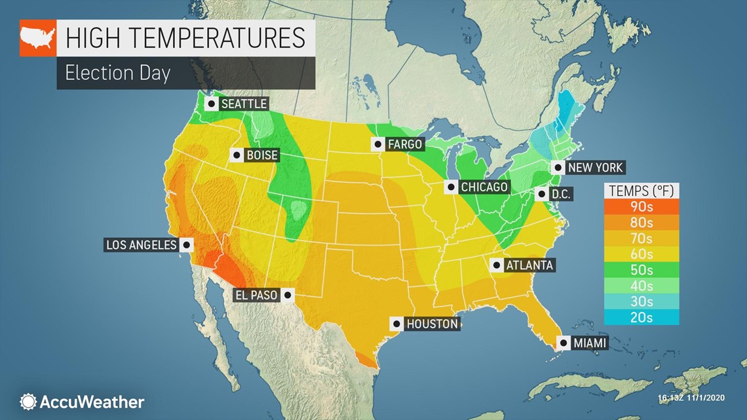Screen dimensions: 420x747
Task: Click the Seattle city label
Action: coord(244,104)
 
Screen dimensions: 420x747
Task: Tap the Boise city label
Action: coord(261,155)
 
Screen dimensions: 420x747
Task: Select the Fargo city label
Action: coord(404,144)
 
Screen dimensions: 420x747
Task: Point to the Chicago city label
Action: coord(484,187)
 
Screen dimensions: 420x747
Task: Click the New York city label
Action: coord(595,167)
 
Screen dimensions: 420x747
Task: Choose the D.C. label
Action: coord(561,194)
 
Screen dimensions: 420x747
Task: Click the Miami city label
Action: coord(589,343)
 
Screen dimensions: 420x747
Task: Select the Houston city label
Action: coord(432,324)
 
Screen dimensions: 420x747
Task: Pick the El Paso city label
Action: coord(256,296)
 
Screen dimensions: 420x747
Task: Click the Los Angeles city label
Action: coord(142,245)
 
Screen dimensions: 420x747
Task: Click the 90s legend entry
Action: coord(642,206)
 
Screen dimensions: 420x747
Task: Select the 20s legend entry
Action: coord(642,317)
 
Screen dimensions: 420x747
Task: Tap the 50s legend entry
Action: coord(642,269)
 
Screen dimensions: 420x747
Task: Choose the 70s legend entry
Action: coord(642,238)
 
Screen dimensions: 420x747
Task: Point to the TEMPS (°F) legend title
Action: coord(642,191)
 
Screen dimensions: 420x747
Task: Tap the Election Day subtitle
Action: coord(118,73)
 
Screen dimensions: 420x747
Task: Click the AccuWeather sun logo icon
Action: coord(28,402)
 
